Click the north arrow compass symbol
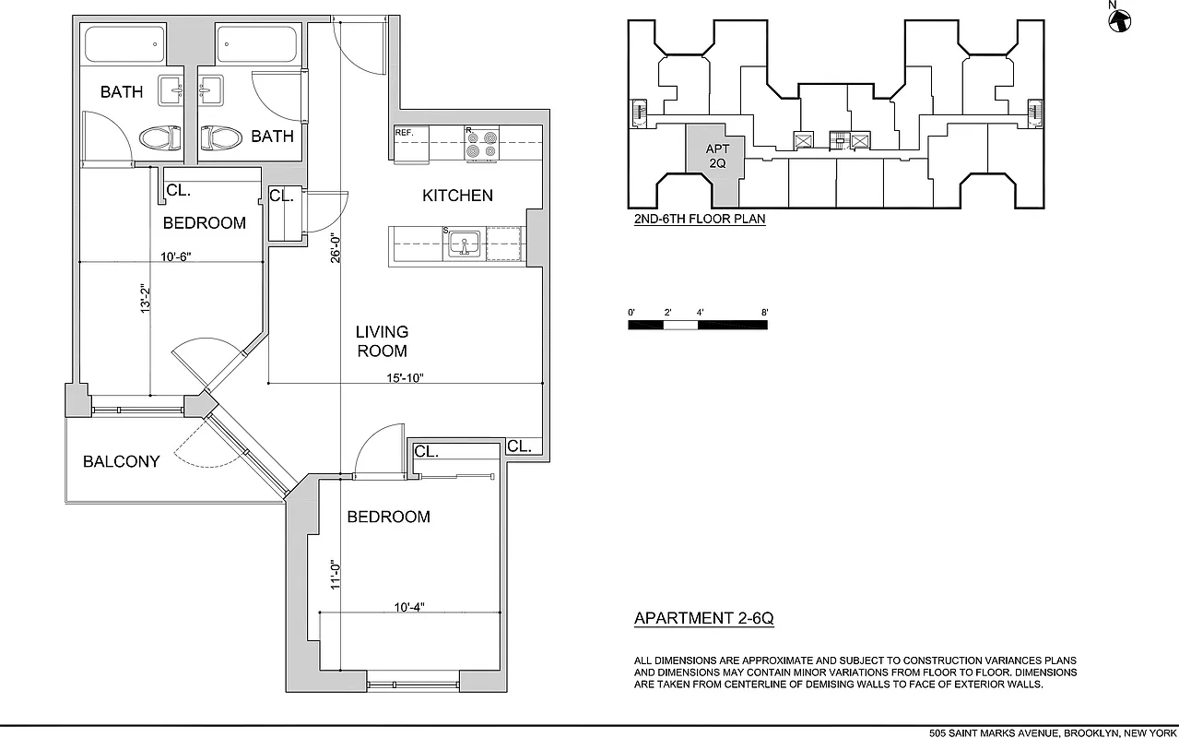1119,19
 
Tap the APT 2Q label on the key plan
717,156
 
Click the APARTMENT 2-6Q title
703,619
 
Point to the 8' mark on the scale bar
765,313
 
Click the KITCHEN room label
457,196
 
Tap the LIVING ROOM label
382,341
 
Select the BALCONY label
121,461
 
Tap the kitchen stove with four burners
480,145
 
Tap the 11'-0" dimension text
336,575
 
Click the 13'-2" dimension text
145,300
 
